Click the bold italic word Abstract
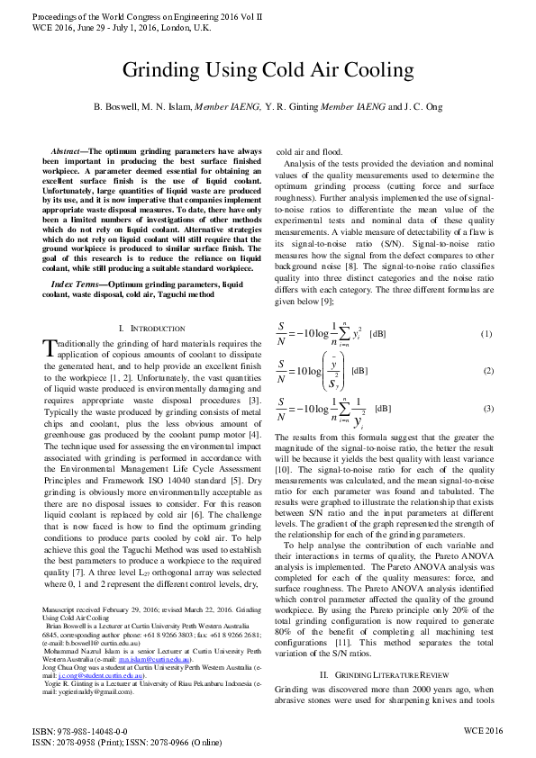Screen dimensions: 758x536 [x=71, y=151]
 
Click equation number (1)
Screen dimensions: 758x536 [x=486, y=333]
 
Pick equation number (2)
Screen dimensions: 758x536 [x=486, y=371]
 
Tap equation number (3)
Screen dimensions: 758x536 [x=486, y=408]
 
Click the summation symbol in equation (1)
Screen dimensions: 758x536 [x=346, y=333]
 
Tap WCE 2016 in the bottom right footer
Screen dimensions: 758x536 [x=483, y=732]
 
